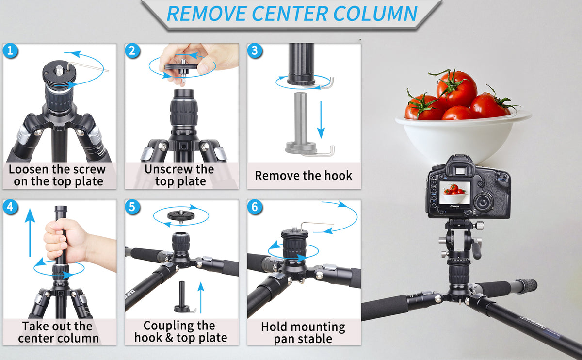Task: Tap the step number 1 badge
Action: tap(10, 50)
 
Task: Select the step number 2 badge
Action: tap(132, 50)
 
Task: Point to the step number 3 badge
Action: tap(255, 50)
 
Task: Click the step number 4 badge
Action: tap(10, 207)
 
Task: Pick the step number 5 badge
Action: tap(132, 207)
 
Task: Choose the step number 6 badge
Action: tap(255, 207)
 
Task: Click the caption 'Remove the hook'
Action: tap(304, 175)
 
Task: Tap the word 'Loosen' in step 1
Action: tap(30, 169)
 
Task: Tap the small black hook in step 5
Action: tap(185, 303)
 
